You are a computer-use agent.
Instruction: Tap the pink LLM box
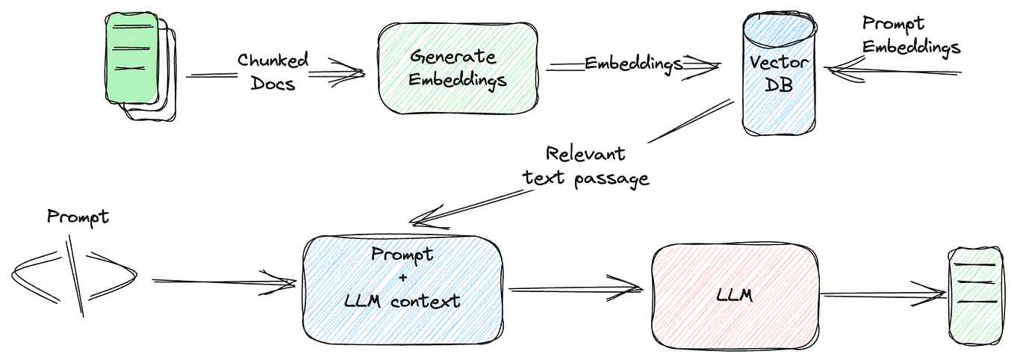tap(735, 295)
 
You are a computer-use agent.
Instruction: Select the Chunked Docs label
tap(273, 71)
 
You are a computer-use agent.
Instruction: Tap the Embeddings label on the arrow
tap(633, 63)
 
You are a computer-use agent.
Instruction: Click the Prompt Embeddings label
tap(910, 36)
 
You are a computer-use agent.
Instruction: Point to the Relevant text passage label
tap(585, 165)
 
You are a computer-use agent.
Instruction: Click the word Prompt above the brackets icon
tap(78, 217)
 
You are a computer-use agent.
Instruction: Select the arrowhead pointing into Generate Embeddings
tap(351, 72)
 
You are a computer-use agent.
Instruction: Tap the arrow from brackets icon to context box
tap(224, 282)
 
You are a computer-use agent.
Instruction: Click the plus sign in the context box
tap(403, 277)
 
